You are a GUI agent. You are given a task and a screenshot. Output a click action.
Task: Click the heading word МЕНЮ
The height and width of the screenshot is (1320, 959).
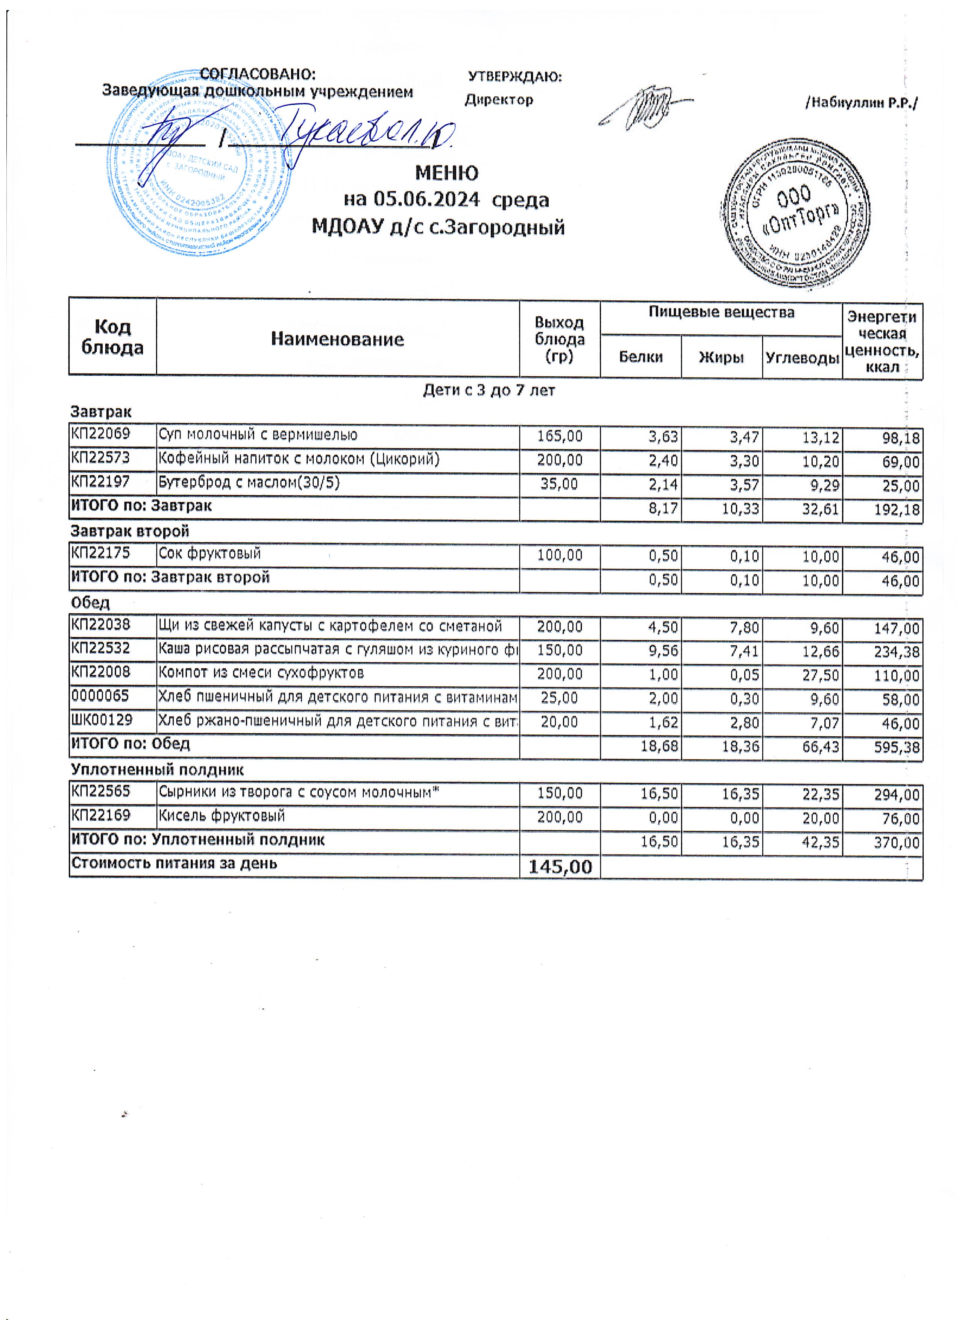click(x=446, y=173)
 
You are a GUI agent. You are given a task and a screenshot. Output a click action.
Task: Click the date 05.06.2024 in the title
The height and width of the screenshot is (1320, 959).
click(x=426, y=200)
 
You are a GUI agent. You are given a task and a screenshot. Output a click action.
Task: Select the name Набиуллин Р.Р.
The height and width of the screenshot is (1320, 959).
click(x=861, y=103)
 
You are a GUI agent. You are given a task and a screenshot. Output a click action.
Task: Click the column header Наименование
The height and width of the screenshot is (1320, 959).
click(x=337, y=339)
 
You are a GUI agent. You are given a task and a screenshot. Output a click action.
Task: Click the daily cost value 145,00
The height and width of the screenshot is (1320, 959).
click(x=560, y=866)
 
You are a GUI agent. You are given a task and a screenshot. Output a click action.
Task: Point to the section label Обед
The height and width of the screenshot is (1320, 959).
click(x=90, y=603)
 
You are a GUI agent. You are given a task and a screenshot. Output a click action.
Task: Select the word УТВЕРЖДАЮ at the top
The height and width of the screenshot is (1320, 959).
click(x=514, y=77)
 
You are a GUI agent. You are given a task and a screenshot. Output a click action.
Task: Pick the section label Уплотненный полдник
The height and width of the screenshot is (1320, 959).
click(x=157, y=769)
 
